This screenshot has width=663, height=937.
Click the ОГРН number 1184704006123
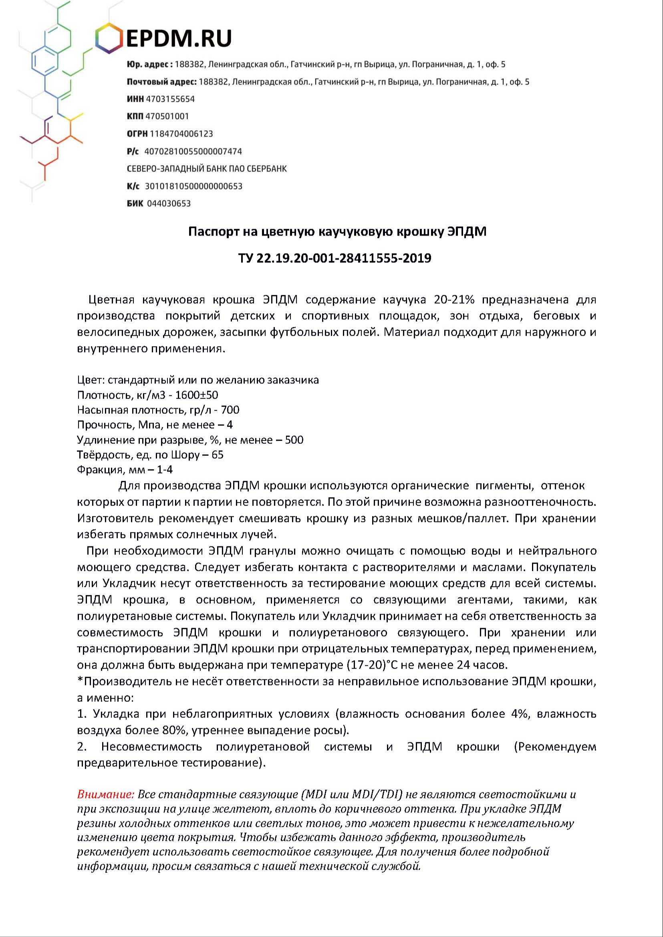click(x=181, y=134)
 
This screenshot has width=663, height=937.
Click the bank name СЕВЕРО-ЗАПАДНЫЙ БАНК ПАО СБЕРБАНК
click(x=207, y=169)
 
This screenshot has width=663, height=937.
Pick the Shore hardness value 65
click(x=218, y=454)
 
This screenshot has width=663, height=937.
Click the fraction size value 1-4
click(x=165, y=470)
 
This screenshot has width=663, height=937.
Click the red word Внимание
click(x=105, y=794)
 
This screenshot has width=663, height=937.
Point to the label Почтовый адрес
click(x=162, y=82)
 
